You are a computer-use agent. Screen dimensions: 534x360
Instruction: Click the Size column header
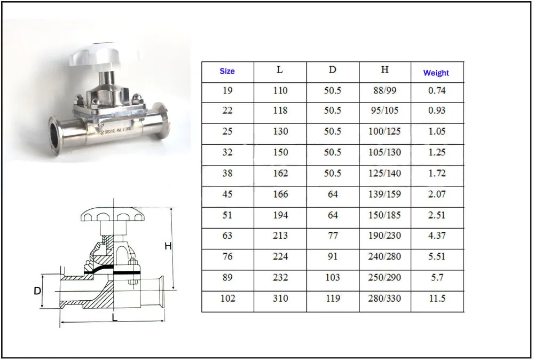tap(227, 71)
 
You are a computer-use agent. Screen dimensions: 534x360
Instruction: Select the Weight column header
tap(436, 73)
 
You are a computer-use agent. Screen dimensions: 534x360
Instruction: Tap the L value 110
tap(280, 91)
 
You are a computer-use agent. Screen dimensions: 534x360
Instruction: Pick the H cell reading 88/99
tap(384, 91)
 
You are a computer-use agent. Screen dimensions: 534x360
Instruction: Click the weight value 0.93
tap(437, 111)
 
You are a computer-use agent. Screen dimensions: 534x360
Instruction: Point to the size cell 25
tap(227, 131)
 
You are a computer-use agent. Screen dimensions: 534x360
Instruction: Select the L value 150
tap(280, 152)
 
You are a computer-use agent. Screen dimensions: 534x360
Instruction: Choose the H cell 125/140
tap(384, 173)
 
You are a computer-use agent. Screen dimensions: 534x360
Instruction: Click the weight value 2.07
tap(437, 194)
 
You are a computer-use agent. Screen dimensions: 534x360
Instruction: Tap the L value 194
tap(280, 215)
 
